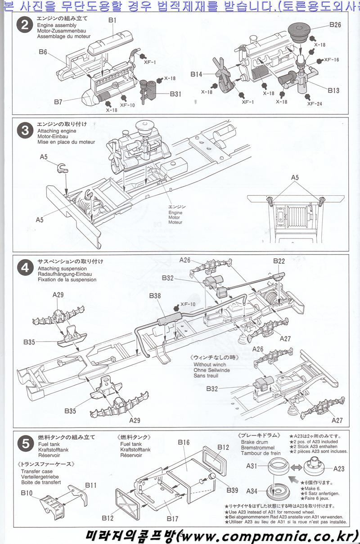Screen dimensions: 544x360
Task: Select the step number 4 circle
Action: coord(23,268)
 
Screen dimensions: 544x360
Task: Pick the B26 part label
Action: coord(335,25)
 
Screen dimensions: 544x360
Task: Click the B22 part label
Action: coord(279,261)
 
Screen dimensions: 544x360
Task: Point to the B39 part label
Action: coord(233,490)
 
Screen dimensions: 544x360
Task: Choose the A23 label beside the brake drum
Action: coord(339,468)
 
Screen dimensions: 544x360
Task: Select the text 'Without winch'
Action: coord(209,364)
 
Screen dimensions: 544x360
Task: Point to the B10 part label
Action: coord(27,493)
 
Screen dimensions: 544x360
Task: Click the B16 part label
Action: coord(184,442)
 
